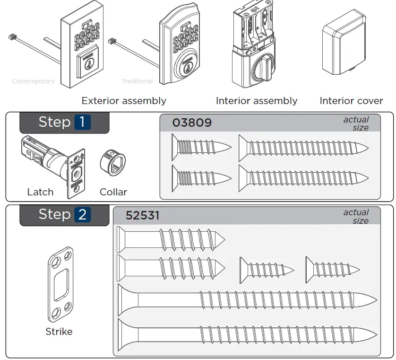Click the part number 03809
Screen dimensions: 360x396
click(x=192, y=123)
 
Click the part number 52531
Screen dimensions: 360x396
click(x=142, y=216)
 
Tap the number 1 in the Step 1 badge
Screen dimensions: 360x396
click(x=82, y=122)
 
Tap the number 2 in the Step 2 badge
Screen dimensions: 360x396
click(x=82, y=215)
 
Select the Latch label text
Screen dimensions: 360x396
click(x=40, y=192)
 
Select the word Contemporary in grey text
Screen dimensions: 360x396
click(x=33, y=81)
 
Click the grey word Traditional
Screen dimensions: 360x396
click(x=137, y=81)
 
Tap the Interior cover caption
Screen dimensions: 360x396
click(x=351, y=101)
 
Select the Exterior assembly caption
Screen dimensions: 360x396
click(x=124, y=101)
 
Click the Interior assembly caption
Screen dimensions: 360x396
click(x=257, y=101)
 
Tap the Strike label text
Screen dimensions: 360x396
click(x=59, y=332)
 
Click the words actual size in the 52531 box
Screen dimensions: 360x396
click(x=357, y=216)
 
